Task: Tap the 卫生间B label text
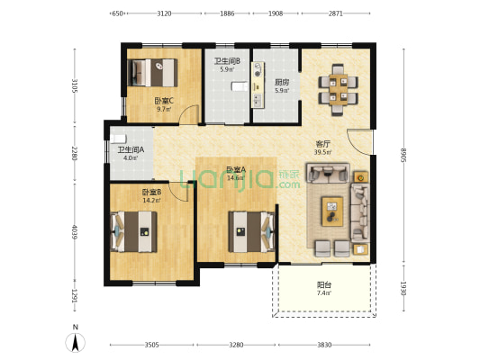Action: point(227,61)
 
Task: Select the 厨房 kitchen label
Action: point(282,82)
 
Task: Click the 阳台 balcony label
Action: point(324,285)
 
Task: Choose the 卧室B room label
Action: point(151,192)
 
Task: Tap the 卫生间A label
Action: point(131,150)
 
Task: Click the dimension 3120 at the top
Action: point(164,13)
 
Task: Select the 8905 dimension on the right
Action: point(403,156)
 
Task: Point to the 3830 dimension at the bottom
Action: point(324,345)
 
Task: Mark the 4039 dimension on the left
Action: point(75,232)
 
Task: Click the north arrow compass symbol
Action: point(76,343)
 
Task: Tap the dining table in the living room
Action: point(338,90)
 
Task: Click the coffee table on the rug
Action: point(332,211)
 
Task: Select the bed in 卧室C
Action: point(152,73)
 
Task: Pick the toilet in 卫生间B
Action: point(240,86)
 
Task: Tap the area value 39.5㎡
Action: point(323,152)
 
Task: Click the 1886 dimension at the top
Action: point(227,13)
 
